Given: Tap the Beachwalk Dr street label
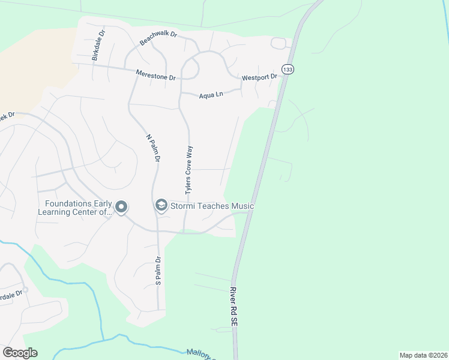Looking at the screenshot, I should tap(158, 38).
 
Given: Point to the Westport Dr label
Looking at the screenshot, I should tap(259, 77).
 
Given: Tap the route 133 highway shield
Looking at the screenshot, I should tap(289, 70).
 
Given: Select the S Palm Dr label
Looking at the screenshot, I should tap(158, 271).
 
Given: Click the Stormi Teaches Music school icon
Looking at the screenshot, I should tap(161, 206).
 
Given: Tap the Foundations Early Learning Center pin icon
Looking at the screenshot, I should tap(121, 208).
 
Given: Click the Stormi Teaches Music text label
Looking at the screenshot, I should tap(212, 206).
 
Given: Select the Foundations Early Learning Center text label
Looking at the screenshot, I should tap(75, 208).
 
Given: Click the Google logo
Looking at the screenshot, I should tap(20, 353).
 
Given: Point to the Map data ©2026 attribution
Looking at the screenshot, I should tap(423, 355).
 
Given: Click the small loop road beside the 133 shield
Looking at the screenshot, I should tap(279, 43).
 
